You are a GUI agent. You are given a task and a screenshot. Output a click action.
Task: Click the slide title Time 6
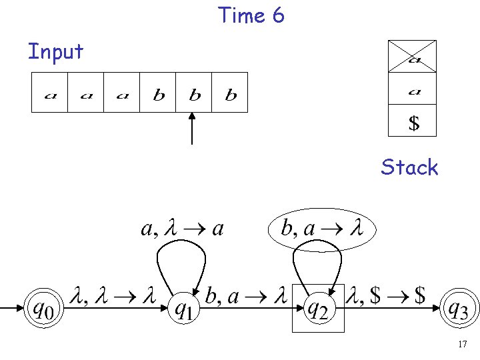[x=251, y=15]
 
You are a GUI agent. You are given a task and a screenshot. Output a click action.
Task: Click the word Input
[x=55, y=51]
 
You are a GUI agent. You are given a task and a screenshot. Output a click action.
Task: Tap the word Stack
[x=409, y=167]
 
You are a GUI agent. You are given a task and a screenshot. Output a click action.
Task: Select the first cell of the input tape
[x=50, y=93]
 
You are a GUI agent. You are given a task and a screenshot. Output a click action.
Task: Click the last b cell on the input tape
[x=230, y=93]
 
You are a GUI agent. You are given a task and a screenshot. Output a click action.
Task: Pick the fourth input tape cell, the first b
[x=158, y=93]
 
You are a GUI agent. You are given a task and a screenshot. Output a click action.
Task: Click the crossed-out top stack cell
[x=413, y=56]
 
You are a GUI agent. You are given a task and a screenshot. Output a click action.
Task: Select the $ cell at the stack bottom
[x=413, y=121]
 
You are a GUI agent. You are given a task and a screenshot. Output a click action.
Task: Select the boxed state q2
[x=318, y=308]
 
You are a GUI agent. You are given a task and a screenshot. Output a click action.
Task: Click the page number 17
[x=462, y=345]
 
